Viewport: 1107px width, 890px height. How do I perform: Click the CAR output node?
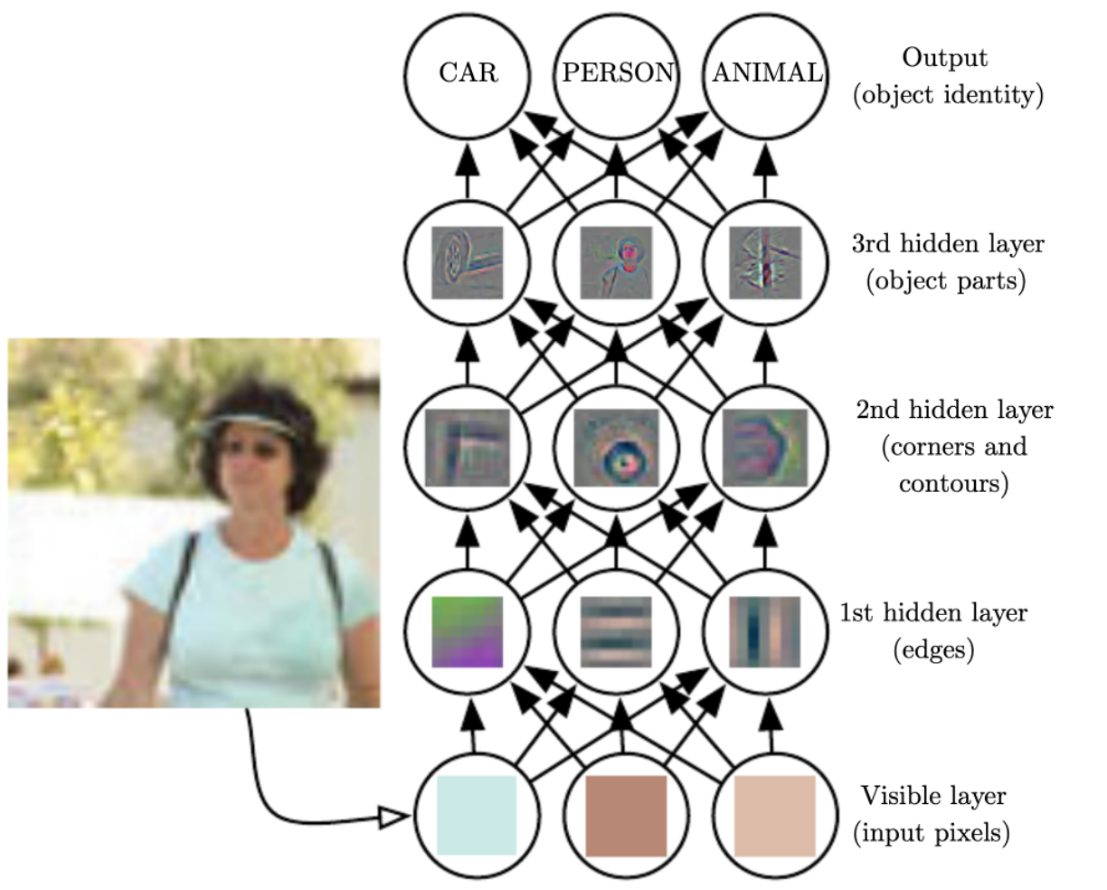click(x=467, y=76)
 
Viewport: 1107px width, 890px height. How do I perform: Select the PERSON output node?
click(x=616, y=76)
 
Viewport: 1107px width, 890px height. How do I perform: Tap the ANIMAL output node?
click(x=765, y=76)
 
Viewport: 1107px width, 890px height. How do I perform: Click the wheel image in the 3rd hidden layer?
click(x=467, y=262)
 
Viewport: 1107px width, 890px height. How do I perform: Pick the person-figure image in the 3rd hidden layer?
click(x=616, y=262)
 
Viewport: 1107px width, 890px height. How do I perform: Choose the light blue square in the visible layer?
click(x=477, y=816)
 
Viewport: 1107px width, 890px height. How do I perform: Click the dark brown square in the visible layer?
click(x=626, y=816)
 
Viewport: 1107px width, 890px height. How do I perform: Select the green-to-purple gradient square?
click(x=467, y=631)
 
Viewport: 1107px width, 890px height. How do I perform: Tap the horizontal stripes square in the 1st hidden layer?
click(x=616, y=631)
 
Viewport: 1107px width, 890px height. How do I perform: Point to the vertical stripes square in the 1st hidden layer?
click(x=765, y=631)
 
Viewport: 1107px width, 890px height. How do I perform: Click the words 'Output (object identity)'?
click(x=948, y=76)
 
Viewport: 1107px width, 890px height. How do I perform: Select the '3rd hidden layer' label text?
click(x=948, y=244)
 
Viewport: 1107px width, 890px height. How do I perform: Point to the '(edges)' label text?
click(x=933, y=650)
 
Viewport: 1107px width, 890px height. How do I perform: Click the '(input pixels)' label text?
click(x=932, y=833)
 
